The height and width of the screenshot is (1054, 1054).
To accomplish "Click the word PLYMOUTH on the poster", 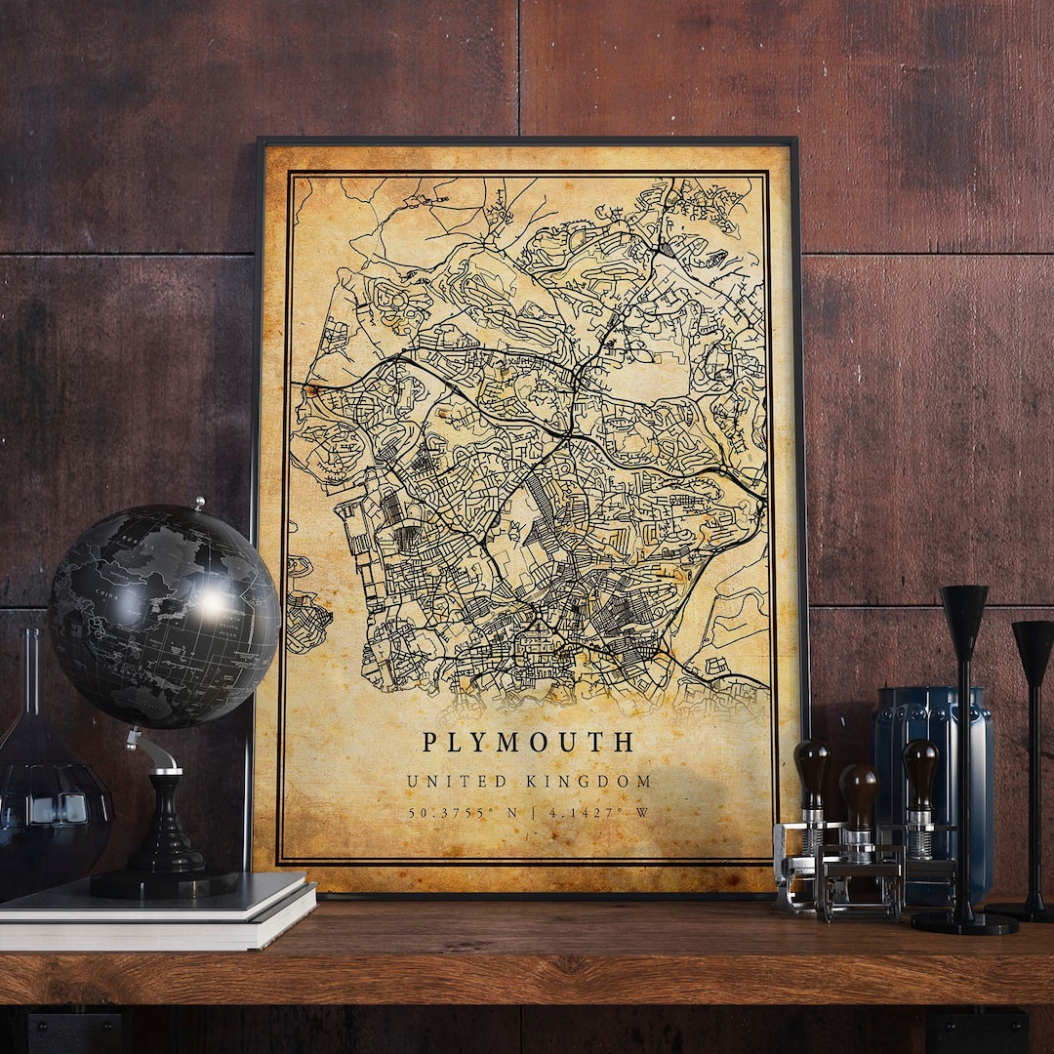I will click(528, 743).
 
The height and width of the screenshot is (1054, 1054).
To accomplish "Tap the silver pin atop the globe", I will click(199, 504).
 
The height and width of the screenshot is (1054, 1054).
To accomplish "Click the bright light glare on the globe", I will click(212, 603).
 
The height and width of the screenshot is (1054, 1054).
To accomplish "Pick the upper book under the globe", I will click(156, 896).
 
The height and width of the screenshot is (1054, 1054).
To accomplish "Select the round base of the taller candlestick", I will click(964, 921).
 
